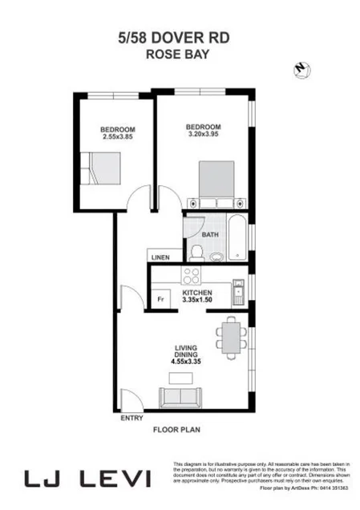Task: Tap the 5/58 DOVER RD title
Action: (180, 38)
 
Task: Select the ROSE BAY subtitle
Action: (180, 55)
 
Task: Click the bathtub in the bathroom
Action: (238, 237)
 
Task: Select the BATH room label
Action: (210, 234)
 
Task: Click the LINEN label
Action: (160, 257)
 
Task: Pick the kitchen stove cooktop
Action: (191, 276)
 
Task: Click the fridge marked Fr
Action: (160, 299)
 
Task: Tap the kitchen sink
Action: (238, 293)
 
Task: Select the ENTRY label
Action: (131, 419)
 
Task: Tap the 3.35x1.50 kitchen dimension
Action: (197, 299)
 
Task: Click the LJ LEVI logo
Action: (87, 479)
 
